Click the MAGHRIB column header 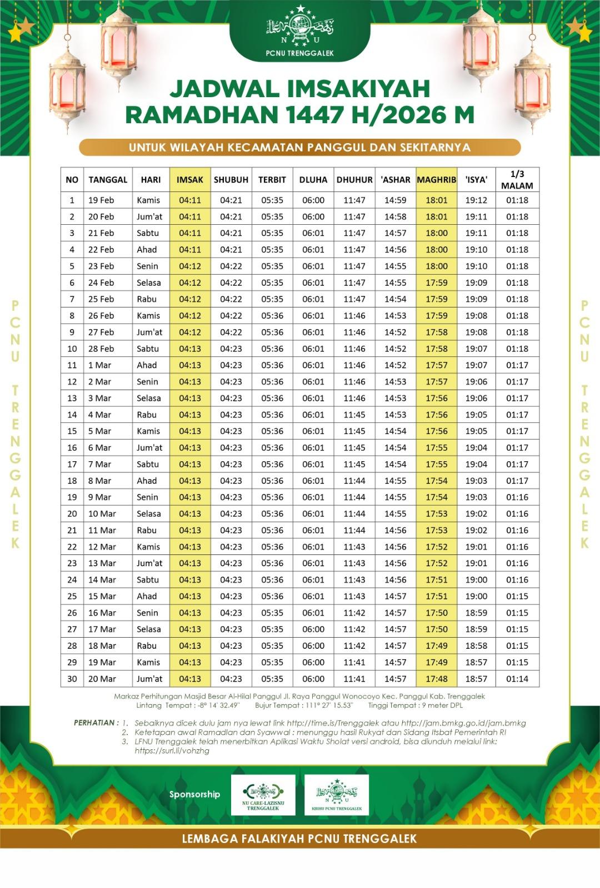pos(436,180)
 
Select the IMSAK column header pos(190,180)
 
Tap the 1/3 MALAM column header pos(517,180)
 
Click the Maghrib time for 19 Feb pos(436,200)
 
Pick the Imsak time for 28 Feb pos(190,349)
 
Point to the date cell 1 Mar pos(100,365)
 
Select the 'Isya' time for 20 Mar pos(476,679)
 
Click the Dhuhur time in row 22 pos(354,547)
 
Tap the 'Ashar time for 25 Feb pos(395,299)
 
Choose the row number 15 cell pos(72,431)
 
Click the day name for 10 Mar pos(149,514)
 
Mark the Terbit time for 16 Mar pos(272,613)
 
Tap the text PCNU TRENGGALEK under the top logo pos(300,53)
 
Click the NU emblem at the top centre pos(300,27)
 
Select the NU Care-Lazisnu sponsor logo pos(263,795)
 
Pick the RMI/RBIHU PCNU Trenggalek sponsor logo pos(337,795)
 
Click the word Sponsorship pos(194,794)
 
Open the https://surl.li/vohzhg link pos(172,751)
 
